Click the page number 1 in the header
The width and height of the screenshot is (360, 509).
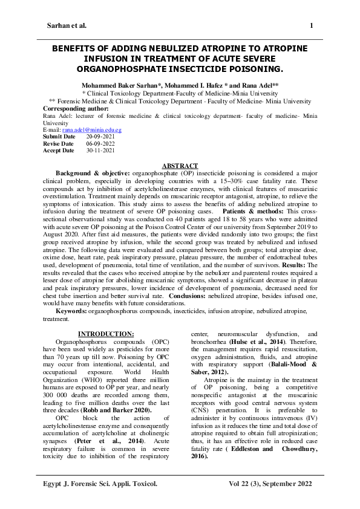[x=311, y=26]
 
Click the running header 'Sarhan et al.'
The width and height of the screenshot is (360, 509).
[x=67, y=26]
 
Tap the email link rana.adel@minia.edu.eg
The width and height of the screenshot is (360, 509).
[x=91, y=130]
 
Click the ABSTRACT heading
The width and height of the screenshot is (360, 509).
[x=180, y=166]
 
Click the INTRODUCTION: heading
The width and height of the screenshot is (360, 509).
[x=106, y=334]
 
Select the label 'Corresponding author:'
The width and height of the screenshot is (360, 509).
[x=74, y=109]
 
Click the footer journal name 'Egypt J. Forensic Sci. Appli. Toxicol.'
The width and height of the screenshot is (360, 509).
[x=100, y=484]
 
